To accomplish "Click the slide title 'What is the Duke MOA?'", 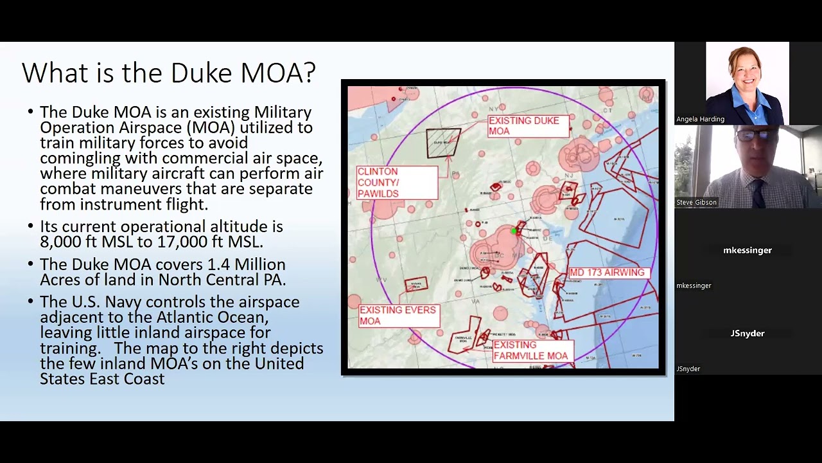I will (168, 73).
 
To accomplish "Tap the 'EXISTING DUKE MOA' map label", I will (524, 125).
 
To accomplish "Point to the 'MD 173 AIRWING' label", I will (607, 273).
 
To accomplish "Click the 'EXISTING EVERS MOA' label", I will (397, 315).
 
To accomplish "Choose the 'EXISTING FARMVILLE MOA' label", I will (530, 350).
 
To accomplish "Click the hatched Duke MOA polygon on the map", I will (443, 143).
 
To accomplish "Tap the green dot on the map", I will (514, 231).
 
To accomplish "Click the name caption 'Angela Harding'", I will (700, 119).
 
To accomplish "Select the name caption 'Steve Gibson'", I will (696, 203).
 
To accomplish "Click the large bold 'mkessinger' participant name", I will (748, 250).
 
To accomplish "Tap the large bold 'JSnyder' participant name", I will (748, 333).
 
